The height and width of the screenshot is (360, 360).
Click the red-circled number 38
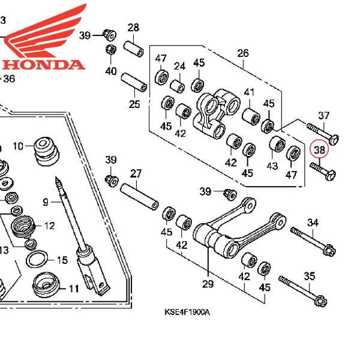pyautogui.click(x=319, y=149)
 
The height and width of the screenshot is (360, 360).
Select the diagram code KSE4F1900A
pyautogui.click(x=188, y=313)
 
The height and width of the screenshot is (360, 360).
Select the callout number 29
pyautogui.click(x=208, y=283)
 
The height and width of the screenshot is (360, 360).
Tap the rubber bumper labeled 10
pyautogui.click(x=44, y=150)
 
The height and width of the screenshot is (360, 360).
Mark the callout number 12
pyautogui.click(x=49, y=226)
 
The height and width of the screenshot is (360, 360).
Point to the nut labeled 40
pyautogui.click(x=111, y=50)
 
